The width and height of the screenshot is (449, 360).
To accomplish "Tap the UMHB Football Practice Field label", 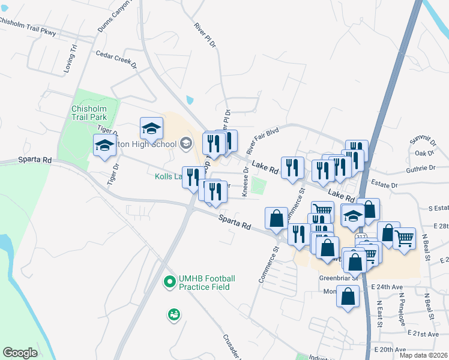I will (x=206, y=283).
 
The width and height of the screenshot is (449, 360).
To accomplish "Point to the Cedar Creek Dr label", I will (x=116, y=59).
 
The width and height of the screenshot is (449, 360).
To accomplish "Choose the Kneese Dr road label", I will (x=246, y=183).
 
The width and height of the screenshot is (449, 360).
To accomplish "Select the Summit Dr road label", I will (x=422, y=141).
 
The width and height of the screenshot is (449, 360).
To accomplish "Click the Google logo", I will (x=20, y=353).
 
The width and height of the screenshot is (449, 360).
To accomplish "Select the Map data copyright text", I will (x=423, y=355).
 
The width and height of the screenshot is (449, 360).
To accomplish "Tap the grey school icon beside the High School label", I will (x=185, y=143).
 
